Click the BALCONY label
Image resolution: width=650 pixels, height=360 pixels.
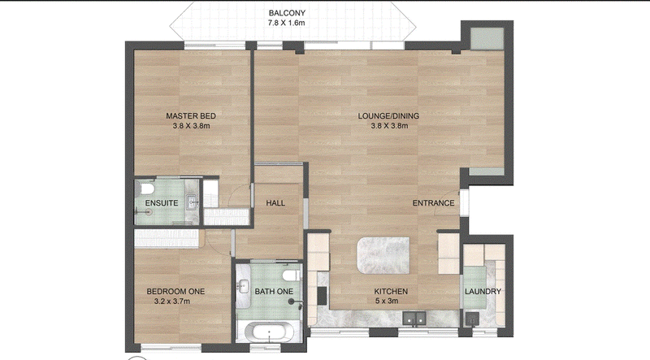287,13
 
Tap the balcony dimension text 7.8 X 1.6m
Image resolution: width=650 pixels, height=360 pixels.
287,23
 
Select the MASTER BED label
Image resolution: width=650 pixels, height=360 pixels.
191,116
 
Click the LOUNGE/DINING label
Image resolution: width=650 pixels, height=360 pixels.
388,116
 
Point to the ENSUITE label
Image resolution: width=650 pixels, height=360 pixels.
162,203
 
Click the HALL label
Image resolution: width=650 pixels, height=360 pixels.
275,203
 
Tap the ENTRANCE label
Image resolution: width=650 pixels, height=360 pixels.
433,203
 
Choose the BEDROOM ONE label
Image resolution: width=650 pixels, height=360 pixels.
175,292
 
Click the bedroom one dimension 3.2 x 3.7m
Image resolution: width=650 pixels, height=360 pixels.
172,301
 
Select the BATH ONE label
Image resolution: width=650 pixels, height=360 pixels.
274,292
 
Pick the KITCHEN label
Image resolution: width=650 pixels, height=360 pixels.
391,292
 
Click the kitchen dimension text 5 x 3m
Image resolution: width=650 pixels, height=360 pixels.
387,301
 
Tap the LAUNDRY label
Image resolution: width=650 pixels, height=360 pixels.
483,292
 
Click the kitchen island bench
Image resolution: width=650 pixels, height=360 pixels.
383,255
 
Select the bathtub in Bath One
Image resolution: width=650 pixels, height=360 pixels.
269,332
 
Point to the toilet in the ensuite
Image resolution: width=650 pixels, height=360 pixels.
147,189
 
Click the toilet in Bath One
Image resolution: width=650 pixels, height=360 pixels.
292,275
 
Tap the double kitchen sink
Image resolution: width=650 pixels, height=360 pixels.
414,319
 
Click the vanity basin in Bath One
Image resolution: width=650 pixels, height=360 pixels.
244,286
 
